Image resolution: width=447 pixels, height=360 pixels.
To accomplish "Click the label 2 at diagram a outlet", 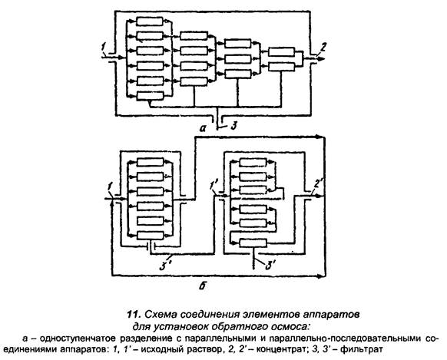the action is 323,48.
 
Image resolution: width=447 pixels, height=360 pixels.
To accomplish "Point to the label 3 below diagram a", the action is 233,126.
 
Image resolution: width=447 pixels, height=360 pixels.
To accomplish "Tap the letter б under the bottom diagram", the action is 203,286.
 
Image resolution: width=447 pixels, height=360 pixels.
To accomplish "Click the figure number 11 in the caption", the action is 134,315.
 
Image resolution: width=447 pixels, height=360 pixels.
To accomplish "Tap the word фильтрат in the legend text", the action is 361,349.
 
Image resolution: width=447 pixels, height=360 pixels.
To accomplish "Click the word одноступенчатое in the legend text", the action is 78,339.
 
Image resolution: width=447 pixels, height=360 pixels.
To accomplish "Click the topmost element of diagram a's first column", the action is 150,21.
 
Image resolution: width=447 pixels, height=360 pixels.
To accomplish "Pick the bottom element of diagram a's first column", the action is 150,96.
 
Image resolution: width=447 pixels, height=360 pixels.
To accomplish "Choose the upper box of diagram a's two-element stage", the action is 282,52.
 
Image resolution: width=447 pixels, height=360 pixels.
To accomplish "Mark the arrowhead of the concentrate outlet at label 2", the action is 321,58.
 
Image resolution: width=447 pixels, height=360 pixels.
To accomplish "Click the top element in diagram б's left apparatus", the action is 151,162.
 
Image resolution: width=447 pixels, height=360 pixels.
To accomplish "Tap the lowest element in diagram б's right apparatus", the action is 253,243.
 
